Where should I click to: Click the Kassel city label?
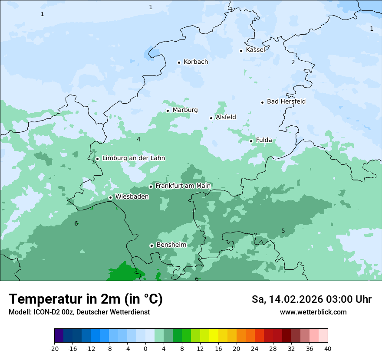pos(255,50)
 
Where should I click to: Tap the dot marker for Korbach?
pos(179,62)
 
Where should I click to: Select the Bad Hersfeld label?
pos(286,101)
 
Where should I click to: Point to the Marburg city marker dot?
pos(168,111)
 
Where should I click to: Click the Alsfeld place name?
pos(226,117)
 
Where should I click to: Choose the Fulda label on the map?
pos(264,140)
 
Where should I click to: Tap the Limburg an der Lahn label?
pos(133,158)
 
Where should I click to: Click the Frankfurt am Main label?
pos(183,186)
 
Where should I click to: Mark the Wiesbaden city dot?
pos(110,197)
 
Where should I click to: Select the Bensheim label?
pos(171,245)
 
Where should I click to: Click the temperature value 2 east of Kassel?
pos(293,62)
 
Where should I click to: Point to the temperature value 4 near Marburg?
pos(138,139)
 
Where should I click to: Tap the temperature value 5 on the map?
pos(283,231)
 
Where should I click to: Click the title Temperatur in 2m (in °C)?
pos(86,299)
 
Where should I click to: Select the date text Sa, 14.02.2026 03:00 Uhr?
pos(311,299)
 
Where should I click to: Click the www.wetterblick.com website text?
pos(313,312)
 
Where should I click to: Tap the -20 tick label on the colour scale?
pos(54,348)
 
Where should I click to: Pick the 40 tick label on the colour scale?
pos(328,348)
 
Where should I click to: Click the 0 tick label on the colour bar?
pos(145,348)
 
